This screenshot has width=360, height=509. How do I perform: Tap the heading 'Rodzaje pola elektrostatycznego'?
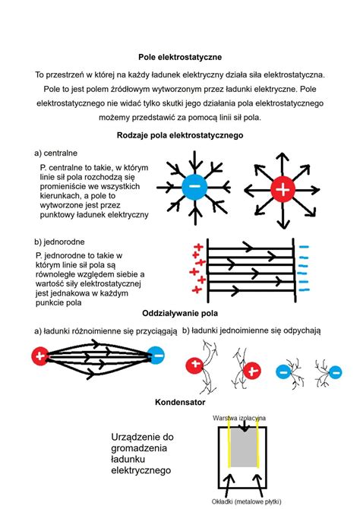click(x=179, y=135)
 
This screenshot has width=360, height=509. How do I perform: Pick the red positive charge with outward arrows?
click(x=281, y=191)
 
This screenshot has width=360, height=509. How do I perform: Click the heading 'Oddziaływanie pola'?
click(x=179, y=313)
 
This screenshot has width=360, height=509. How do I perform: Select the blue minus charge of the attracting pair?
click(x=156, y=355)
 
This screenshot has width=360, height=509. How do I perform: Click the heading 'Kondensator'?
click(x=180, y=401)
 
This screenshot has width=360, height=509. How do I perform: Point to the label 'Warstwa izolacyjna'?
click(x=239, y=419)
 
